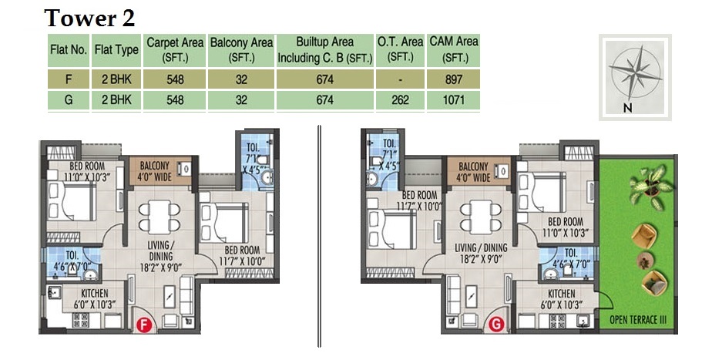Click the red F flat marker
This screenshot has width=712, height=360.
click(144, 325)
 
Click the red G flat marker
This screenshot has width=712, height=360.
click(497, 325)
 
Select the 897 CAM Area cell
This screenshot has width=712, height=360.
click(453, 79)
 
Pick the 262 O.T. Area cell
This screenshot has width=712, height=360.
click(400, 99)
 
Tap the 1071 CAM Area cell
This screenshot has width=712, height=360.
click(453, 99)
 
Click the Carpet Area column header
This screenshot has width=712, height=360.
click(175, 50)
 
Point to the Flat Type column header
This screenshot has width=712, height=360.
click(116, 50)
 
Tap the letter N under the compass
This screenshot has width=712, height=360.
click(628, 108)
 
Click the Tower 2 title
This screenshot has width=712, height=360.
click(89, 19)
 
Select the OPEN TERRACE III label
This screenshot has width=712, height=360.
click(638, 320)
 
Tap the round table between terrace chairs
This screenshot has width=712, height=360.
click(643, 261)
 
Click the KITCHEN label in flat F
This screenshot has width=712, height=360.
click(95, 294)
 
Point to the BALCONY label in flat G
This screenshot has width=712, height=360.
click(473, 167)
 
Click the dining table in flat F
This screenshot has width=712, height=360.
click(160, 217)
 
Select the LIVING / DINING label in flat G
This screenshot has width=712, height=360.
click(481, 247)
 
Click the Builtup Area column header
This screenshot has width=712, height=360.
click(324, 50)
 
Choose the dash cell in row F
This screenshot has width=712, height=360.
click(400, 79)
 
